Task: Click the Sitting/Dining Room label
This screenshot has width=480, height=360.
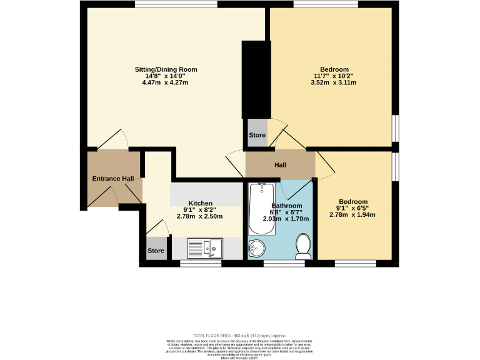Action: [x=166, y=69]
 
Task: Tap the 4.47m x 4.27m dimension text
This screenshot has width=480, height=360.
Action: [x=166, y=82]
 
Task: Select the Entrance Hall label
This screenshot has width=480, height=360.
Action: [x=113, y=179]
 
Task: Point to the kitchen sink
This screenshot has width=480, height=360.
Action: [x=206, y=248]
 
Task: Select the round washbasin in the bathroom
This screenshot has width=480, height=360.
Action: [x=257, y=249]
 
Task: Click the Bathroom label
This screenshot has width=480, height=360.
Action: [x=287, y=206]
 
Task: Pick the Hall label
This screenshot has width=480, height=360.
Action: [x=280, y=165]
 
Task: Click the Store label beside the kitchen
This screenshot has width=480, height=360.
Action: [x=156, y=251]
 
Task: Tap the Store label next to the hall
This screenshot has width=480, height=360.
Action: [x=257, y=135]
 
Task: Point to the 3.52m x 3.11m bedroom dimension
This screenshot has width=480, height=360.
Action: [x=334, y=82]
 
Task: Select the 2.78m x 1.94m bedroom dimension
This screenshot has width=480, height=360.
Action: [x=352, y=214]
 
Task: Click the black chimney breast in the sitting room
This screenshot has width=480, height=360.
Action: [x=256, y=79]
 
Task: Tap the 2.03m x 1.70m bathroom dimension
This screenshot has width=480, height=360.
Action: [x=287, y=219]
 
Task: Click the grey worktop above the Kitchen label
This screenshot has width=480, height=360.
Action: [x=206, y=194]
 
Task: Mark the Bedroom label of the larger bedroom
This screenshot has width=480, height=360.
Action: [x=334, y=69]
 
